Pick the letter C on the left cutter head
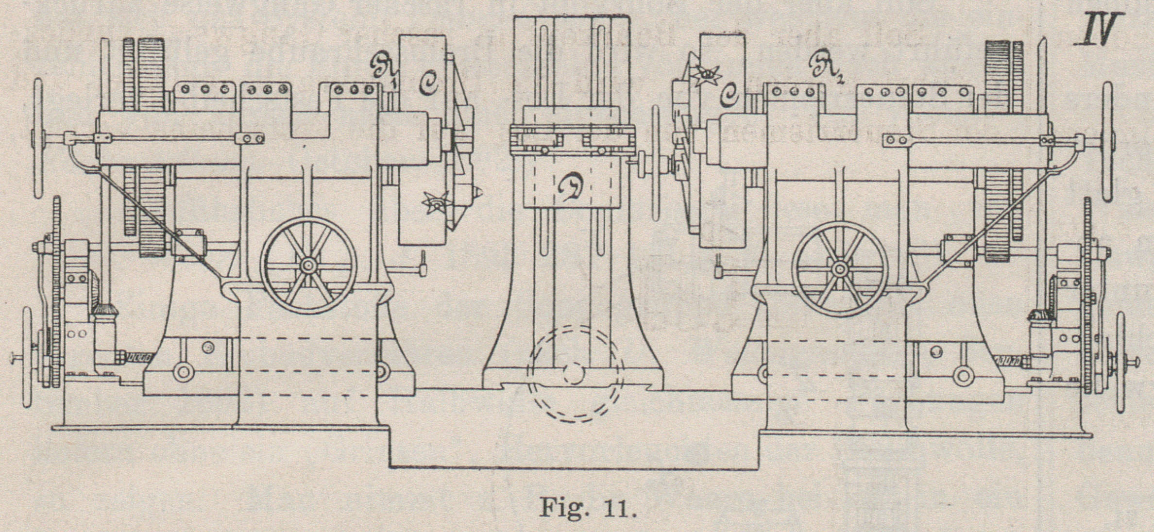[x=428, y=83]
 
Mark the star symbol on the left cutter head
[x=435, y=203]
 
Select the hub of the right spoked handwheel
[x=839, y=268]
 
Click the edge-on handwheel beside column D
[x=657, y=165]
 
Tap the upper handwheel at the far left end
[x=37, y=138]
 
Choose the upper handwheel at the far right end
[x=1108, y=141]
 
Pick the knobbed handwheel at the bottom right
[x=1120, y=362]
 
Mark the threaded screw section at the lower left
[x=137, y=359]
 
